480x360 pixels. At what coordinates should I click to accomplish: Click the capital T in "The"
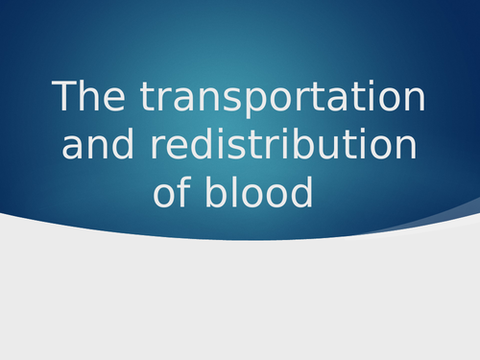[x=65, y=98]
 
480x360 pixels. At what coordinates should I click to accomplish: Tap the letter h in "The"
[x=89, y=98]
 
